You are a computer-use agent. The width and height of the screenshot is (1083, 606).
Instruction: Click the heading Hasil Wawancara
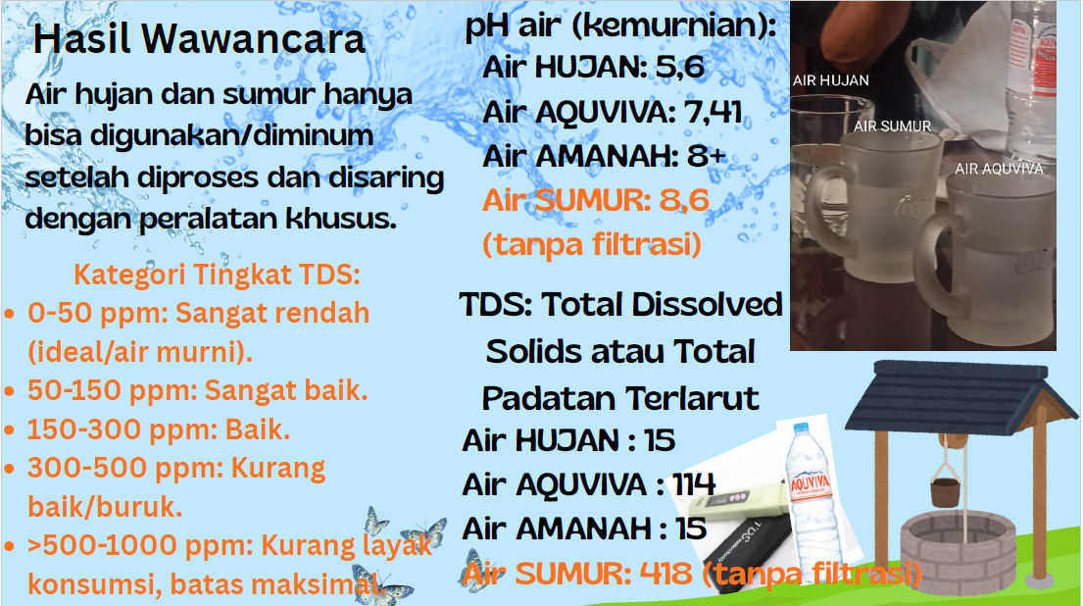click(x=199, y=39)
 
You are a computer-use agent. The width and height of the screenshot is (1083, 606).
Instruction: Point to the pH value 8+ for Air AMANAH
click(x=707, y=156)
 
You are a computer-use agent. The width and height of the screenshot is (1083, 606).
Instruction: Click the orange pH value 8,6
click(x=684, y=200)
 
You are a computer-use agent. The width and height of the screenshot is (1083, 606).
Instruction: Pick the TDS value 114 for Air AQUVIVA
click(x=694, y=484)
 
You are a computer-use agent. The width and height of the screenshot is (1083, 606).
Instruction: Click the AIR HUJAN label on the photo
click(x=830, y=80)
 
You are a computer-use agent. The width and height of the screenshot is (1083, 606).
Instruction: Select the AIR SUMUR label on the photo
click(x=892, y=126)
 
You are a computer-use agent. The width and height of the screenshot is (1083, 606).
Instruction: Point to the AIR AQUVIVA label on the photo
click(x=999, y=169)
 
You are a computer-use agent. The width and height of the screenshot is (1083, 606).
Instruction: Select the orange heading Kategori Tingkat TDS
click(x=217, y=275)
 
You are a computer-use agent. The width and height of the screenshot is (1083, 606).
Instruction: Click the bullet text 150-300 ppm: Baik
click(x=158, y=429)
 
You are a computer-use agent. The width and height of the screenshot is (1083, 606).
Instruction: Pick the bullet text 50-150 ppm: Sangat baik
click(x=198, y=390)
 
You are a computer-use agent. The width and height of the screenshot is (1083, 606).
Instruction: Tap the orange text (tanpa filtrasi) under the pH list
click(x=592, y=244)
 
